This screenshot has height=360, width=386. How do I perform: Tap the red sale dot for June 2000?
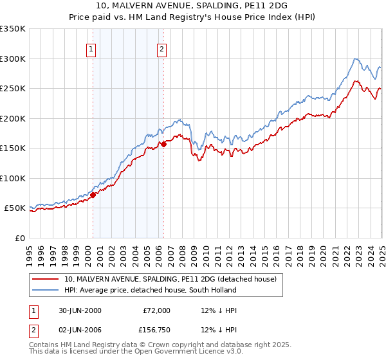pyautogui.click(x=93, y=195)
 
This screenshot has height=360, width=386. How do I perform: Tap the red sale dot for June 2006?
pyautogui.click(x=163, y=145)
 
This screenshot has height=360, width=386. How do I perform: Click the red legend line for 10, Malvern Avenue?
pyautogui.click(x=46, y=279)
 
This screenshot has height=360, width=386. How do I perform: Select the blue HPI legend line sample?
pyautogui.click(x=46, y=290)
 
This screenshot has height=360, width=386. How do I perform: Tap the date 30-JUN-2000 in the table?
pyautogui.click(x=80, y=310)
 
